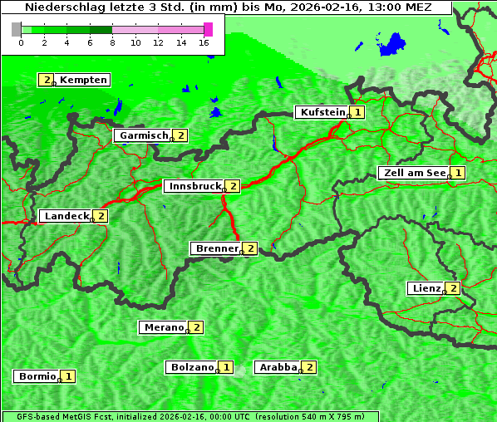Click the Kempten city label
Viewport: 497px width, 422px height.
pyautogui.click(x=83, y=80)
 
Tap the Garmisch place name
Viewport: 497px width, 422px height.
pyautogui.click(x=144, y=135)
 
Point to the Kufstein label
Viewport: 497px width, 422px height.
pyautogui.click(x=322, y=112)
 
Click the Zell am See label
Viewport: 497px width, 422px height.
pyautogui.click(x=412, y=173)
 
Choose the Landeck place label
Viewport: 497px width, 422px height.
pyautogui.click(x=66, y=216)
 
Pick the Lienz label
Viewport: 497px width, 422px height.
pyautogui.click(x=426, y=288)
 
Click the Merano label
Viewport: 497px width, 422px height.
pyautogui.click(x=163, y=327)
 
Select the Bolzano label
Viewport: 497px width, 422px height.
pyautogui.click(x=191, y=367)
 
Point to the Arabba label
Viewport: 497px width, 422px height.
pyautogui.click(x=278, y=367)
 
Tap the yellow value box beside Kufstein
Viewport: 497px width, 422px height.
pyautogui.click(x=357, y=112)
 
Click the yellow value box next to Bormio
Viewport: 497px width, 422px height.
pyautogui.click(x=68, y=376)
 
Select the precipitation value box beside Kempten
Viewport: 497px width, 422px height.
pyautogui.click(x=46, y=80)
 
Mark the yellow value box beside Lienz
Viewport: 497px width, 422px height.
pyautogui.click(x=452, y=288)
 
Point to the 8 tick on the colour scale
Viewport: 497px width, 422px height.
pyautogui.click(x=112, y=42)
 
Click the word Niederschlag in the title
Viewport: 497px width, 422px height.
pyautogui.click(x=59, y=7)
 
